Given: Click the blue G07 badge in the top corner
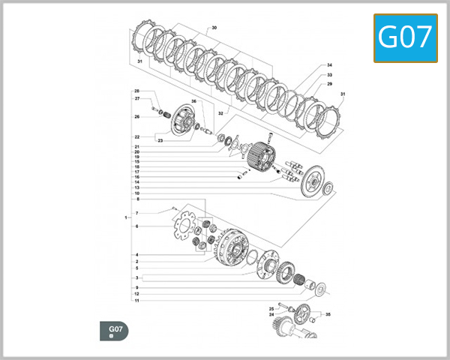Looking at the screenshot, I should [x=406, y=37].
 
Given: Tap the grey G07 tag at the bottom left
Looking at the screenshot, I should [x=115, y=331].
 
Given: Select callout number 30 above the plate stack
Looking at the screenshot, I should [x=214, y=28].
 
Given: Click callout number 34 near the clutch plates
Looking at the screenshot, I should [x=328, y=65].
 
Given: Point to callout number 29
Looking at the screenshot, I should [x=328, y=85].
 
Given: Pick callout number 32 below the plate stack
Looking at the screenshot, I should [x=220, y=113].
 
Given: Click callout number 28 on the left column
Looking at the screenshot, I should [x=137, y=91].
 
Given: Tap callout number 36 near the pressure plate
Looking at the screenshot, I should [x=193, y=101].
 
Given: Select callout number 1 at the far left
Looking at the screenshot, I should [x=126, y=217].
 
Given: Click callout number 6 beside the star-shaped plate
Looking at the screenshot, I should [x=136, y=226].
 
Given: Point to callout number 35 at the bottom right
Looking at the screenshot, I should [x=328, y=316].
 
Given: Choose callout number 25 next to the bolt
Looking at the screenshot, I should [x=271, y=308].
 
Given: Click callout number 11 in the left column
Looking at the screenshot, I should [x=136, y=301].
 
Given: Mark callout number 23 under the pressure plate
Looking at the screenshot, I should [x=160, y=140].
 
